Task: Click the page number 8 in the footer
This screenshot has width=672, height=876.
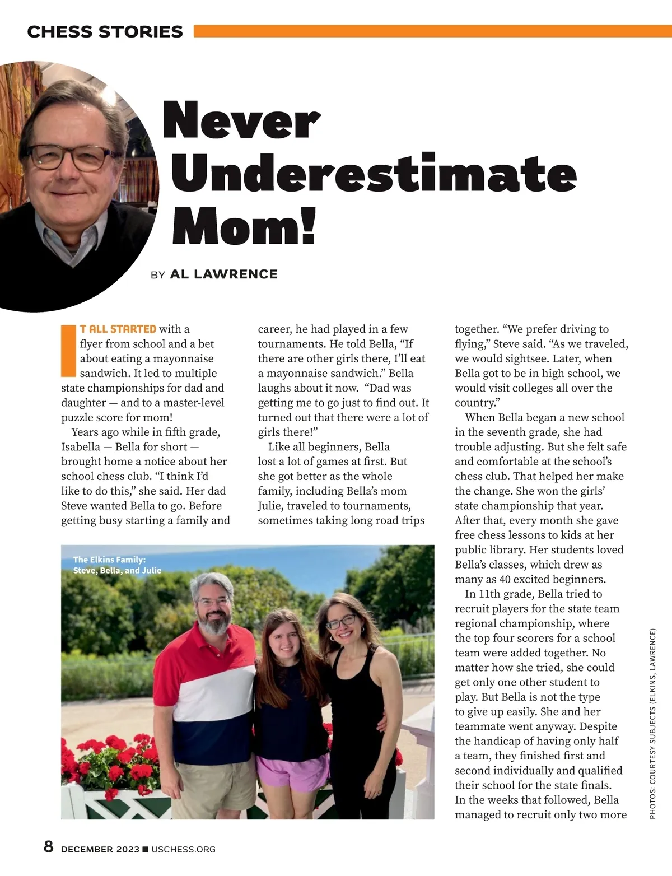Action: pos(49,846)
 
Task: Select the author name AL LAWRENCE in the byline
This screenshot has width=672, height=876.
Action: pos(223,274)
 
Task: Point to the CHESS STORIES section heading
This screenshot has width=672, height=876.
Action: pos(105,32)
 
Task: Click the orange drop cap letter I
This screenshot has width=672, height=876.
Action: pos(68,350)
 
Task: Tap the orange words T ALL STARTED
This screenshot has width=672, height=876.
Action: pos(118,329)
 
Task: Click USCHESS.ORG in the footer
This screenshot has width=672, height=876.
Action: pos(183,850)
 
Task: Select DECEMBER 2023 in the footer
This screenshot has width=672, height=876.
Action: pos(100,850)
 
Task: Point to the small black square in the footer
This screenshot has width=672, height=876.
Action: pos(146,849)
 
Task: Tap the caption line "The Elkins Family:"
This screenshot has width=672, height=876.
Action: pos(109,559)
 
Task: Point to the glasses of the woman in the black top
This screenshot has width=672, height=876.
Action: pos(340,622)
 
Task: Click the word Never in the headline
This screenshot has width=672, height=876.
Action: pos(241,120)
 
